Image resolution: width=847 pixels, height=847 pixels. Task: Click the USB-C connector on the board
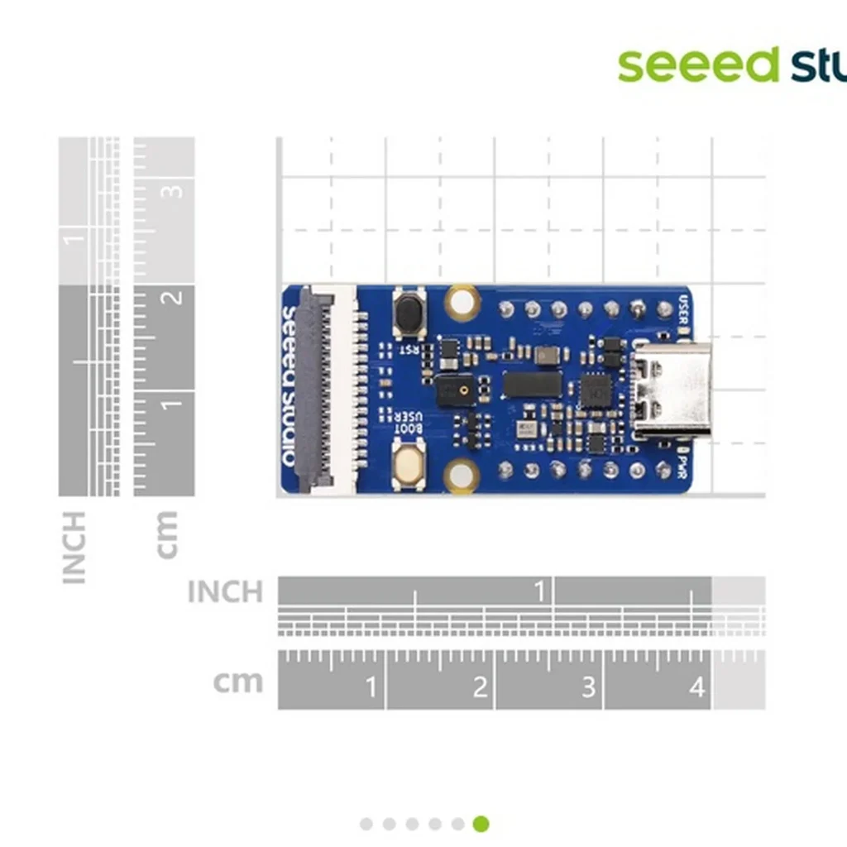pyautogui.click(x=671, y=390)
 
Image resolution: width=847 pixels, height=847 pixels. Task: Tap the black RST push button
pyautogui.click(x=409, y=313)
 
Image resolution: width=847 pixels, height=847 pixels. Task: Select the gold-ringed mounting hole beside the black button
pyautogui.click(x=461, y=303)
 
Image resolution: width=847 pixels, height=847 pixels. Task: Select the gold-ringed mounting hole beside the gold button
pyautogui.click(x=461, y=476)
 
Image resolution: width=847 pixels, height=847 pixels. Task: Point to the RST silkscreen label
pyautogui.click(x=409, y=350)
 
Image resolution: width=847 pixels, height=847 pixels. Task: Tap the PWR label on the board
pyautogui.click(x=683, y=466)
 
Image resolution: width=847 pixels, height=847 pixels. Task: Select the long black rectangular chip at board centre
pyautogui.click(x=532, y=384)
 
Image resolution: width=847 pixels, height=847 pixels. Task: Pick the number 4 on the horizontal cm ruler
pyautogui.click(x=696, y=687)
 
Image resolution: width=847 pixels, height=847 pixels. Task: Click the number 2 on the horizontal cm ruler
pyautogui.click(x=480, y=687)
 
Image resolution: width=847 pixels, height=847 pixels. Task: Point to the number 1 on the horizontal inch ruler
pyautogui.click(x=540, y=591)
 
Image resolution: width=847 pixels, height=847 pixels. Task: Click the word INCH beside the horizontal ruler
pyautogui.click(x=225, y=591)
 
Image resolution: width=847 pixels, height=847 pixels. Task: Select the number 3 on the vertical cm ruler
pyautogui.click(x=175, y=190)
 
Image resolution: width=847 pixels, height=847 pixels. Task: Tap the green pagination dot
pyautogui.click(x=481, y=824)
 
